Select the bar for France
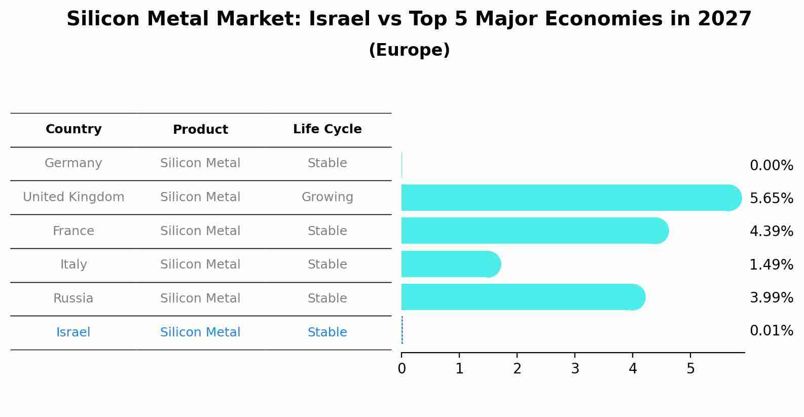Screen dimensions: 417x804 click(x=532, y=231)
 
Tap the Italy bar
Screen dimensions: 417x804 click(x=449, y=264)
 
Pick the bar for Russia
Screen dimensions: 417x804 click(x=522, y=297)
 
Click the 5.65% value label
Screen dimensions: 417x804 click(x=771, y=199)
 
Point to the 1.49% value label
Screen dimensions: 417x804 click(x=771, y=265)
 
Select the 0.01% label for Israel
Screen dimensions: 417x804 click(x=771, y=331)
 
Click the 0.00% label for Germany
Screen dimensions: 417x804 click(x=771, y=166)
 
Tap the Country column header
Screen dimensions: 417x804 click(x=74, y=129)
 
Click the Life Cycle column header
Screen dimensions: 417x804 click(x=327, y=129)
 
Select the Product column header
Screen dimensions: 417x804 click(x=200, y=130)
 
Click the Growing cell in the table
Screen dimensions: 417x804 click(x=327, y=197)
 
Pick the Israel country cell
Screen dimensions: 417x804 click(x=74, y=332)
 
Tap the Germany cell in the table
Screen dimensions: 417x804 click(x=74, y=163)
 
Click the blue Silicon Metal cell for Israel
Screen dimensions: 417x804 click(x=200, y=332)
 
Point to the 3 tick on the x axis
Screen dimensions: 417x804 click(x=575, y=368)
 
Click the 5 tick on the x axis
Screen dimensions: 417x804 click(x=690, y=368)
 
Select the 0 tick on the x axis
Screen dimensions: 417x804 click(x=401, y=368)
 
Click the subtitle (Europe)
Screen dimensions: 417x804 click(x=409, y=50)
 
